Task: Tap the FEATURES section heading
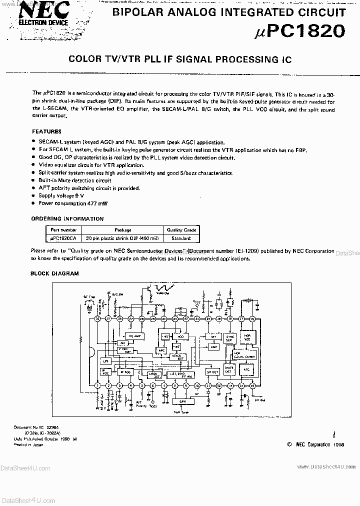(x=46, y=131)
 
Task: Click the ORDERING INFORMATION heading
(x=67, y=219)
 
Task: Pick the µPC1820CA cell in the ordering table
(x=63, y=239)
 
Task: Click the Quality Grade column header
(x=181, y=230)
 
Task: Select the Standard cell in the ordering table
(x=181, y=239)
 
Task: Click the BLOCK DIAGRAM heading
(x=54, y=273)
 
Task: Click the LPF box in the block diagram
(x=105, y=361)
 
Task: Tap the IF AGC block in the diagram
(x=125, y=371)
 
